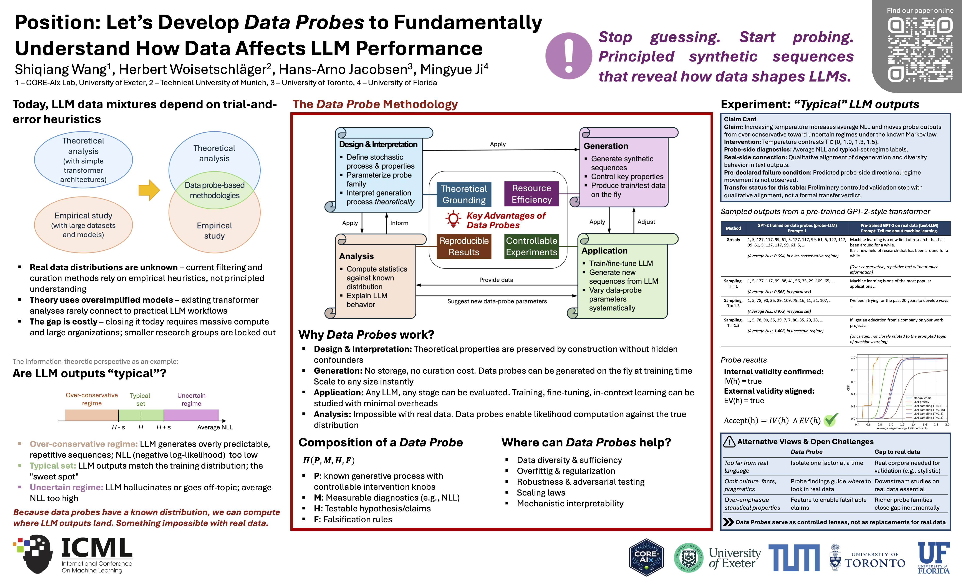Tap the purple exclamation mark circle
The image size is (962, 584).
[569, 56]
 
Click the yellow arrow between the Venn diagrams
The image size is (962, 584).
[149, 190]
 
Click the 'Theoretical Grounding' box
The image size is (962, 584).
[464, 194]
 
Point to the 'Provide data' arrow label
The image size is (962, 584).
[496, 280]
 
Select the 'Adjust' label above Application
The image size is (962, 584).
[646, 221]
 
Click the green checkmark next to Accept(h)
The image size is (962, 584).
[831, 420]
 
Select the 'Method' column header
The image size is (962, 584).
[733, 228]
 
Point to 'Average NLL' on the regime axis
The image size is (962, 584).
[215, 427]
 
